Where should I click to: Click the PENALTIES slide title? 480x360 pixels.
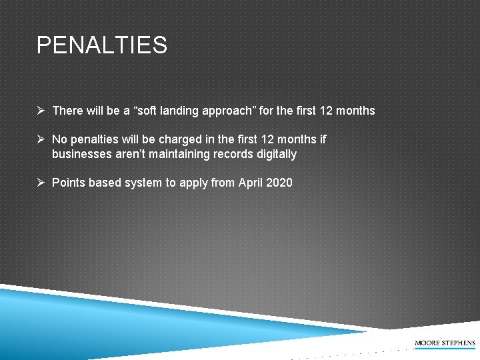pos(102,45)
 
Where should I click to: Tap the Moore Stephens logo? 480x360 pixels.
pos(445,343)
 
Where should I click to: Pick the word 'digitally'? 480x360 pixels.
pos(273,155)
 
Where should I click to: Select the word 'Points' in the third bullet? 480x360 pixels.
pos(68,182)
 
